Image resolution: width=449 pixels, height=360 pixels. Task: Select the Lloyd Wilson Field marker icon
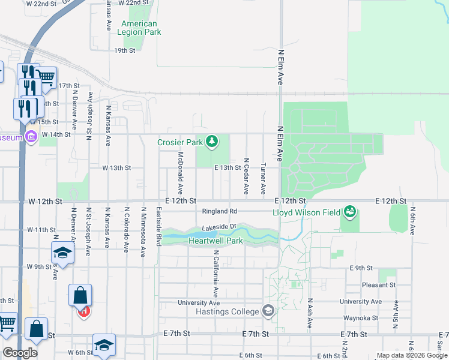[349, 212]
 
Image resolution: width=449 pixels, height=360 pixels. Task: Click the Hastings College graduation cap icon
[268, 311]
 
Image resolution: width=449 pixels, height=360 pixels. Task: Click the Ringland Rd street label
[220, 211]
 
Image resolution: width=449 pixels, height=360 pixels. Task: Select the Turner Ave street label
[263, 178]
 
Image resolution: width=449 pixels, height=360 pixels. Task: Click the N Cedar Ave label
[246, 176]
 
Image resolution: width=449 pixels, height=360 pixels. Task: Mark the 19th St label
[125, 50]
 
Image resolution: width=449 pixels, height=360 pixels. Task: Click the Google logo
[20, 353]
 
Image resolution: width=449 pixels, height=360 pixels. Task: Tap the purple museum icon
[31, 137]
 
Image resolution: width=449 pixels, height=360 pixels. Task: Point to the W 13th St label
[116, 168]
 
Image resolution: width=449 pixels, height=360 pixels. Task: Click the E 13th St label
[228, 168]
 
